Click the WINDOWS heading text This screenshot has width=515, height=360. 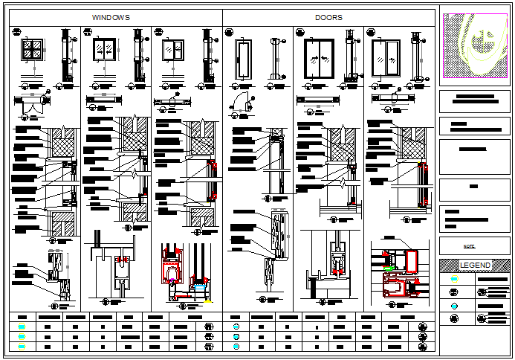(x=111, y=16)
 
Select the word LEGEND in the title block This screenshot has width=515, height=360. (x=474, y=266)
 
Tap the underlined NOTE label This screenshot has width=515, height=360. (x=469, y=245)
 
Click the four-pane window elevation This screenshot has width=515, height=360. (x=33, y=51)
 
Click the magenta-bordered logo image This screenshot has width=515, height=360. (x=476, y=45)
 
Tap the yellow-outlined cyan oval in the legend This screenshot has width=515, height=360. (x=454, y=280)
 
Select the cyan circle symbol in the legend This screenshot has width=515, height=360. (x=454, y=306)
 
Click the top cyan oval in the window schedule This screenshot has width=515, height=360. (x=22, y=327)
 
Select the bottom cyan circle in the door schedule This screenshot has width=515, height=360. (x=236, y=346)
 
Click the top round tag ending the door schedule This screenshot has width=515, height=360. (x=424, y=327)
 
